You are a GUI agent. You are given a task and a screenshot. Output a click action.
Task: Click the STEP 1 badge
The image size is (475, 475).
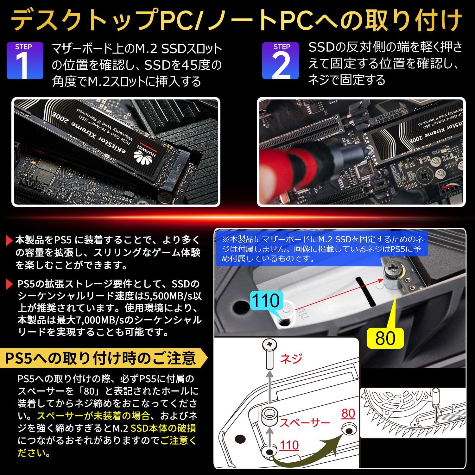(x=25, y=60)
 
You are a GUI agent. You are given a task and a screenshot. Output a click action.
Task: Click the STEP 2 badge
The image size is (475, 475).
(x=281, y=60)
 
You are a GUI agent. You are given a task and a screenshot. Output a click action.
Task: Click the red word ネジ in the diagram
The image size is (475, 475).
(x=291, y=358)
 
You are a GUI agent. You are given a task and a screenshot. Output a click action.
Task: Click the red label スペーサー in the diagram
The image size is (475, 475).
(x=305, y=422)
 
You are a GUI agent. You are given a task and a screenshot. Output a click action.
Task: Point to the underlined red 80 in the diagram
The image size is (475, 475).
(x=348, y=414)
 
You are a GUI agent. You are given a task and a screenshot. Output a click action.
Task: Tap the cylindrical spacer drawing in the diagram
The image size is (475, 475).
(x=269, y=416)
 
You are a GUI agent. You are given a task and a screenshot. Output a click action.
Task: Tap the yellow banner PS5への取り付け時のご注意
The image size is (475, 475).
(x=101, y=358)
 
